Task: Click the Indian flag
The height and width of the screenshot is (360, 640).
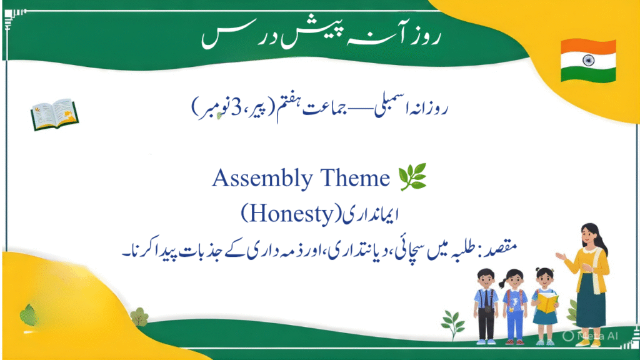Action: (588, 61)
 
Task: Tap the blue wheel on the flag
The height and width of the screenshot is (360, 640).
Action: (588, 61)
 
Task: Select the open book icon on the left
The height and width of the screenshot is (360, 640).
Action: (55, 114)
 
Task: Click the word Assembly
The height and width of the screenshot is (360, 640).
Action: (262, 178)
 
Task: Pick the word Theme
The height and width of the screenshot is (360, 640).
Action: (355, 178)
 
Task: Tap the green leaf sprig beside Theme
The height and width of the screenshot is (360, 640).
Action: (412, 177)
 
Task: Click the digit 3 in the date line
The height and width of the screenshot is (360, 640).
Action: (236, 107)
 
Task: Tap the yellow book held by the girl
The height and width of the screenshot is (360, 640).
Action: (547, 303)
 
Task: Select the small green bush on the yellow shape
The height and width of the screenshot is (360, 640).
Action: (139, 317)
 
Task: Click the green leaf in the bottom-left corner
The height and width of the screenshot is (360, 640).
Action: (27, 314)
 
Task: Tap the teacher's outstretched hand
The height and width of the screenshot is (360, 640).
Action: (560, 256)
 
